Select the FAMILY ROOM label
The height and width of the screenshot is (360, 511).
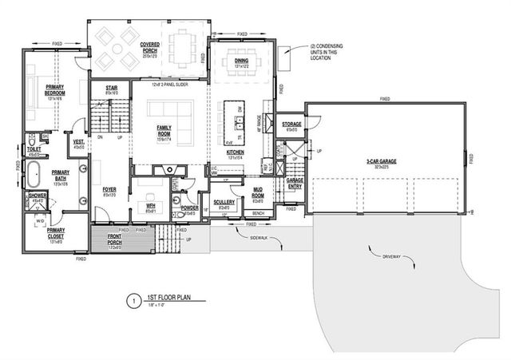click(165, 133)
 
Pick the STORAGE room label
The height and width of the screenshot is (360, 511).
click(291, 124)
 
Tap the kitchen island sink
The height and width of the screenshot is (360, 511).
click(237, 122)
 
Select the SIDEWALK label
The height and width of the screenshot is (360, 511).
click(259, 238)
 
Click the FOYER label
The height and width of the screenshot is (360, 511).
click(109, 190)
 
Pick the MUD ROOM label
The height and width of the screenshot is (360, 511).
click(258, 192)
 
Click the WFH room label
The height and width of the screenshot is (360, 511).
click(149, 206)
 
